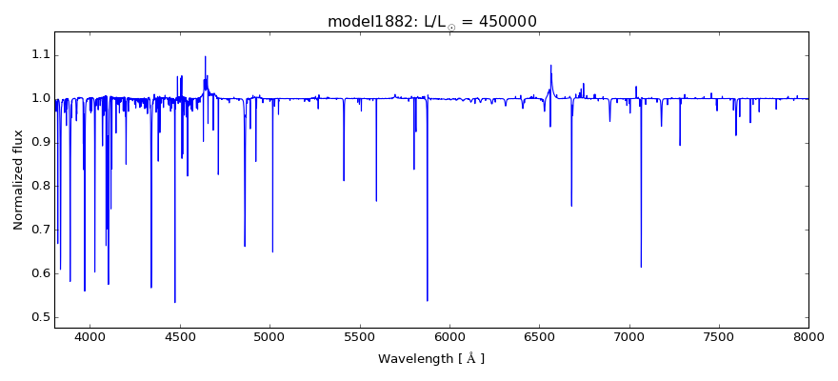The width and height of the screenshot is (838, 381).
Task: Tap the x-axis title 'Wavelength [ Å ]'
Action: pos(431,359)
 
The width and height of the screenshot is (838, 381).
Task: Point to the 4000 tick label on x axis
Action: pos(90,336)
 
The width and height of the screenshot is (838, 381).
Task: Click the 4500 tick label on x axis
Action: pos(180,336)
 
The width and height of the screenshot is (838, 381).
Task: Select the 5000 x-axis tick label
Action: pos(269,336)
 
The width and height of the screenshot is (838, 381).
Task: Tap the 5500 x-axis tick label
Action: pos(359,336)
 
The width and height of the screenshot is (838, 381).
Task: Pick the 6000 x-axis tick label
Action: pos(449,336)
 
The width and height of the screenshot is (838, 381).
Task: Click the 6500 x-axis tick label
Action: pos(539,336)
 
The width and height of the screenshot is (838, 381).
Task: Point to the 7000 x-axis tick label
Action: pos(628,336)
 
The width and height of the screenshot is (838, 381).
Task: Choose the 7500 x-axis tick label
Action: pos(719,336)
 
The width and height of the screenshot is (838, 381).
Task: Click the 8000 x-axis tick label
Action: pos(808,336)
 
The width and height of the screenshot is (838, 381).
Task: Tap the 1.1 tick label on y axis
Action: pos(38,54)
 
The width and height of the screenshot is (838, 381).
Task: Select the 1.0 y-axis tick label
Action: pos(38,98)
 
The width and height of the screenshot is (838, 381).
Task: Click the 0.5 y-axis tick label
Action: pos(38,317)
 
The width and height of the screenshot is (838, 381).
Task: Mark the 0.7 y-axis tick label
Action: pos(38,230)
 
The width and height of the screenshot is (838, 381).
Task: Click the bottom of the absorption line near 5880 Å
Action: pos(428,301)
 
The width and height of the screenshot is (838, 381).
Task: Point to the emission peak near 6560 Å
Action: pos(550,65)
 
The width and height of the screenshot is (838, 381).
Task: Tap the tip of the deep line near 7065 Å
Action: pos(641,268)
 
